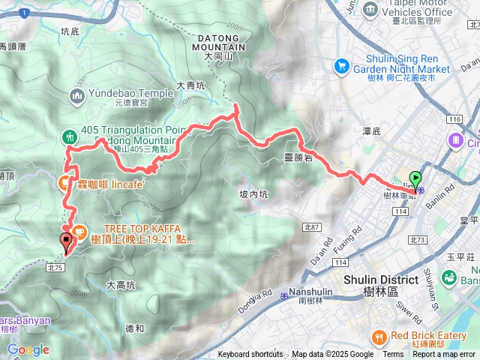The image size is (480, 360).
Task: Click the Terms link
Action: pyautogui.click(x=393, y=355)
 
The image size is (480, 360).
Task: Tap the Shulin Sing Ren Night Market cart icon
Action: pyautogui.click(x=342, y=65)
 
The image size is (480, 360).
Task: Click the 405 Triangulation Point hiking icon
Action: pyautogui.click(x=68, y=136)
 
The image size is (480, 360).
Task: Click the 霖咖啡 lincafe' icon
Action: pyautogui.click(x=64, y=182)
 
